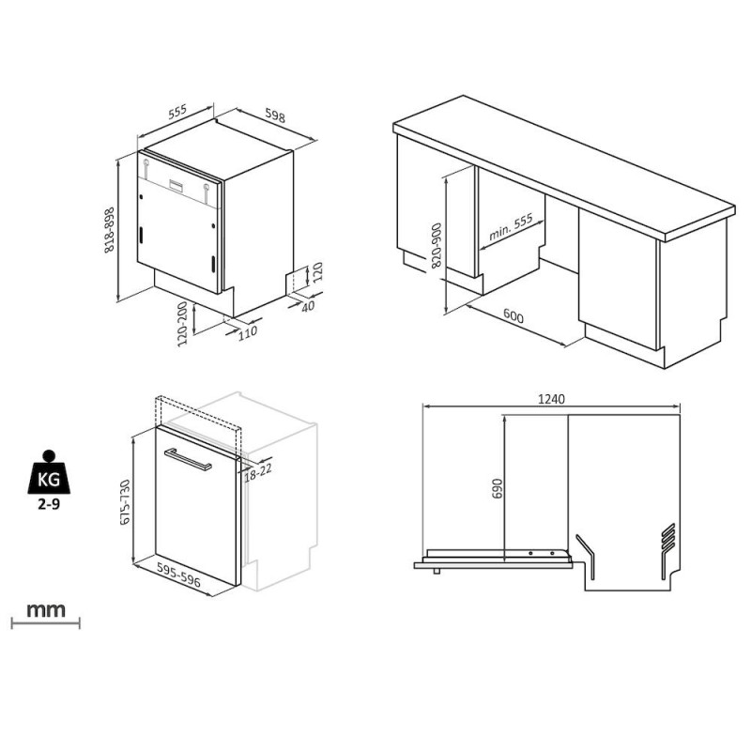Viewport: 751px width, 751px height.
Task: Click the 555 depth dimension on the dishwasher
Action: (177, 112)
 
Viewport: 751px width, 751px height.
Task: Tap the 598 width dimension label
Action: (275, 116)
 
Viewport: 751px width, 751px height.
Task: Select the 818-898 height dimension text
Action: (110, 230)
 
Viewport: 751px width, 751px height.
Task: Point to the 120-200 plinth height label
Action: (182, 324)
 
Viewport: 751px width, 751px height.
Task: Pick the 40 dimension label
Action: (308, 306)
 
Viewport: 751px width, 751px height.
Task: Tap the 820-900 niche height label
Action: (437, 245)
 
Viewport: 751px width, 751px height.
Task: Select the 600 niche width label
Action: (513, 315)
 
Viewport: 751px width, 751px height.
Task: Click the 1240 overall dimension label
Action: (551, 398)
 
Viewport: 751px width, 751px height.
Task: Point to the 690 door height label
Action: (498, 488)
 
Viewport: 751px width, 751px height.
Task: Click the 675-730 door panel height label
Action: (125, 502)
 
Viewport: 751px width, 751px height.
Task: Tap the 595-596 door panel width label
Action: (178, 575)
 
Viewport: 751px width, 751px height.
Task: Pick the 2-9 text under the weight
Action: (49, 504)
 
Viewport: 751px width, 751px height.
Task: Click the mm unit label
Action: (45, 610)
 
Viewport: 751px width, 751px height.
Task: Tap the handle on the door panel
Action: (188, 460)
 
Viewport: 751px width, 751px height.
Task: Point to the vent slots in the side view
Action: (667, 537)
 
